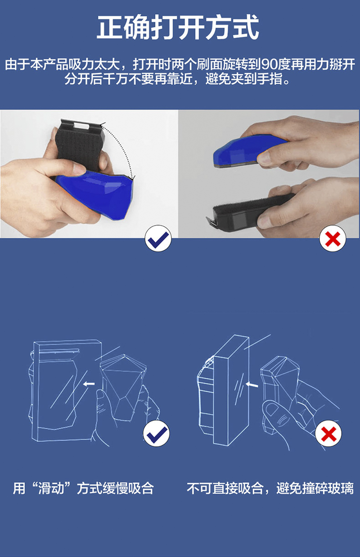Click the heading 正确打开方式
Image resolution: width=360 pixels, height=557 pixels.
178,27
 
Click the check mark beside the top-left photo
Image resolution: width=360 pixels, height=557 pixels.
158,238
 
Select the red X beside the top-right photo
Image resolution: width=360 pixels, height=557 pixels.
333,238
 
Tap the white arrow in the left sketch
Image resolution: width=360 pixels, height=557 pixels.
89,384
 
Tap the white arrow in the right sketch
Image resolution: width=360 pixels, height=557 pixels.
252,385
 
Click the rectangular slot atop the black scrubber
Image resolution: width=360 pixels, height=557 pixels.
81,125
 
